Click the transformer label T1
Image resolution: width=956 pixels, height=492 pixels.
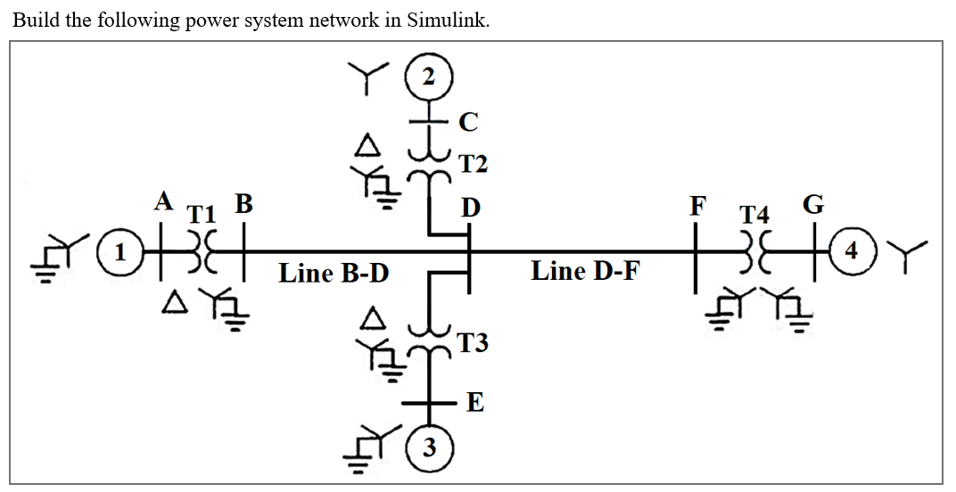pyautogui.click(x=202, y=214)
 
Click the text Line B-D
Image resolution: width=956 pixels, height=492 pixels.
pyautogui.click(x=334, y=273)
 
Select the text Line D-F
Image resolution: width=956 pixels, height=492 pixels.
pyautogui.click(x=585, y=270)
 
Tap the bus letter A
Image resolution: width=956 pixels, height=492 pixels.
pyautogui.click(x=163, y=201)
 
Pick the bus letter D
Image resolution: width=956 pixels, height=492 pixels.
pyautogui.click(x=471, y=208)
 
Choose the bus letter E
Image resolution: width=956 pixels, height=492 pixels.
pyautogui.click(x=475, y=404)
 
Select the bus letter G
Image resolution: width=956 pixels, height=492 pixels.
pyautogui.click(x=814, y=204)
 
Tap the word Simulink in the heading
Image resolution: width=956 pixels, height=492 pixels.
pyautogui.click(x=447, y=21)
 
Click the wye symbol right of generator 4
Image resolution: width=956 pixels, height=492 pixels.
pyautogui.click(x=910, y=252)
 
